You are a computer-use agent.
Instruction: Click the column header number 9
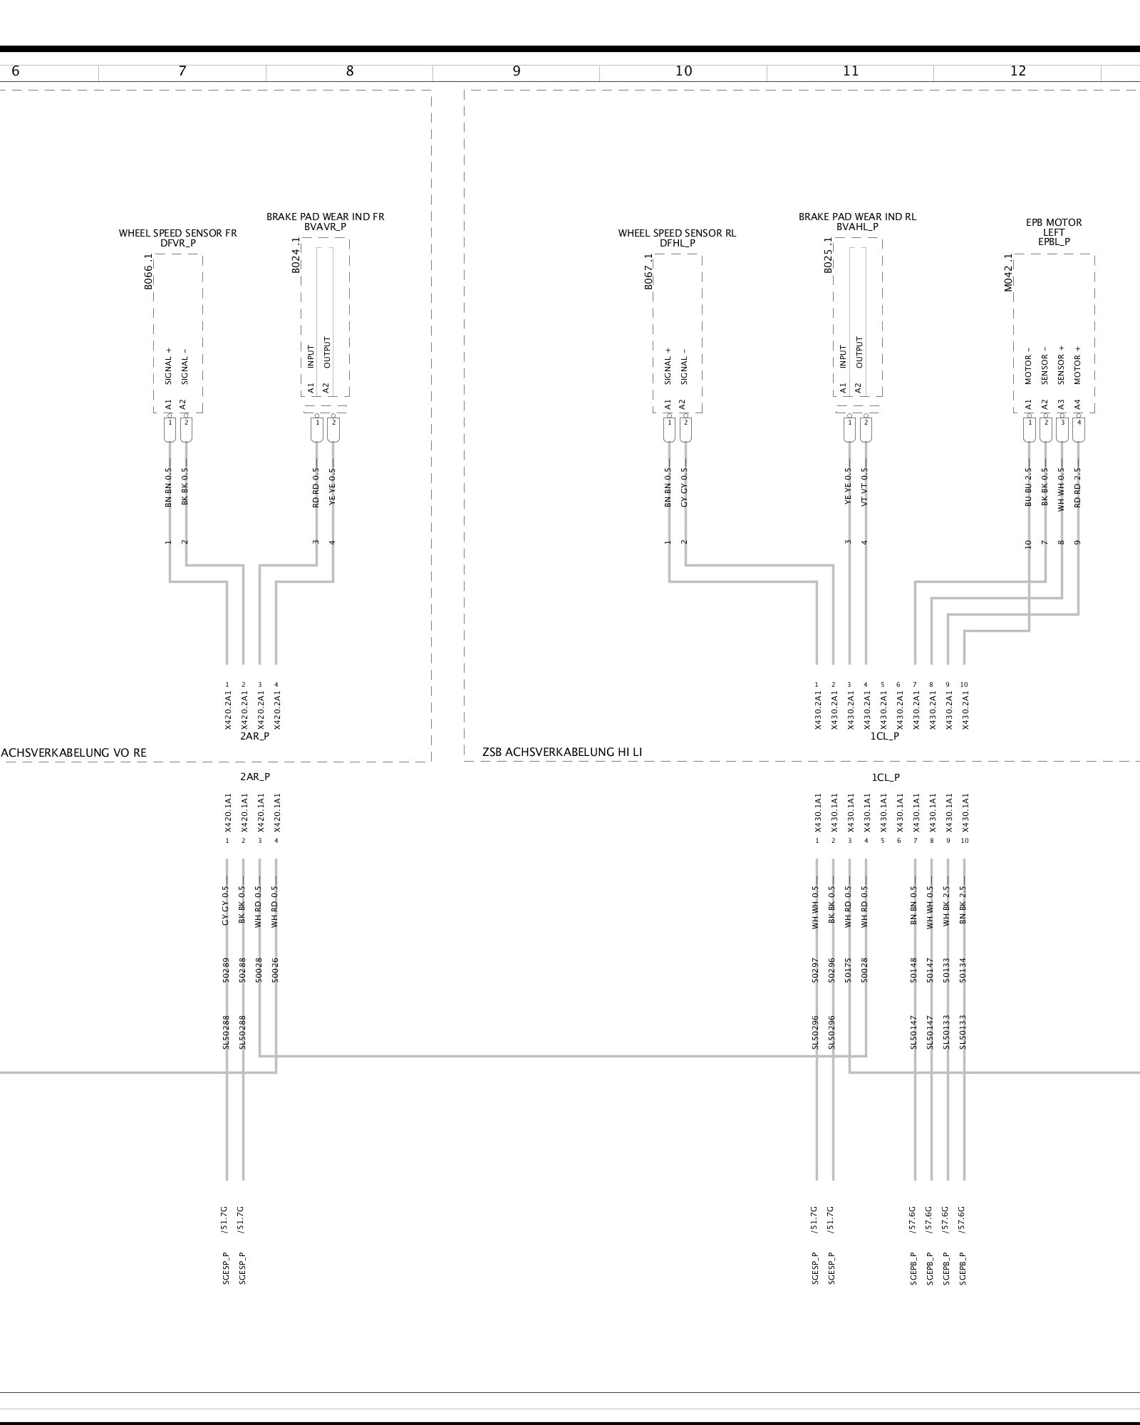(x=516, y=71)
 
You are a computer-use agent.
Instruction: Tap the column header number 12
(x=1017, y=71)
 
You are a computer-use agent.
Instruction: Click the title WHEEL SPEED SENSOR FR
(x=178, y=233)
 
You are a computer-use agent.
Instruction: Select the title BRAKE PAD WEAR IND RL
(x=857, y=217)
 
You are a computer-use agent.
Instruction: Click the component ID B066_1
(x=148, y=272)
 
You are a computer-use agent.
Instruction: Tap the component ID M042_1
(x=1008, y=272)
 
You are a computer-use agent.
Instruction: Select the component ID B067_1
(x=648, y=272)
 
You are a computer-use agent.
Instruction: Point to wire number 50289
(x=226, y=970)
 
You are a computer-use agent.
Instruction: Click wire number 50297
(x=816, y=970)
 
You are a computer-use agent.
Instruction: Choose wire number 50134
(x=963, y=970)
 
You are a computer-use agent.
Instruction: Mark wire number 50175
(x=849, y=970)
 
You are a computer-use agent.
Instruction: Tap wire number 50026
(x=276, y=970)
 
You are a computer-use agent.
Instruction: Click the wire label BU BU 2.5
(x=1029, y=487)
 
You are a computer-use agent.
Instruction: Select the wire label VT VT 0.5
(x=865, y=487)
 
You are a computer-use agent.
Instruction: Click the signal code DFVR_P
(x=178, y=243)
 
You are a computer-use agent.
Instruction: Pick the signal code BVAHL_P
(x=857, y=227)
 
